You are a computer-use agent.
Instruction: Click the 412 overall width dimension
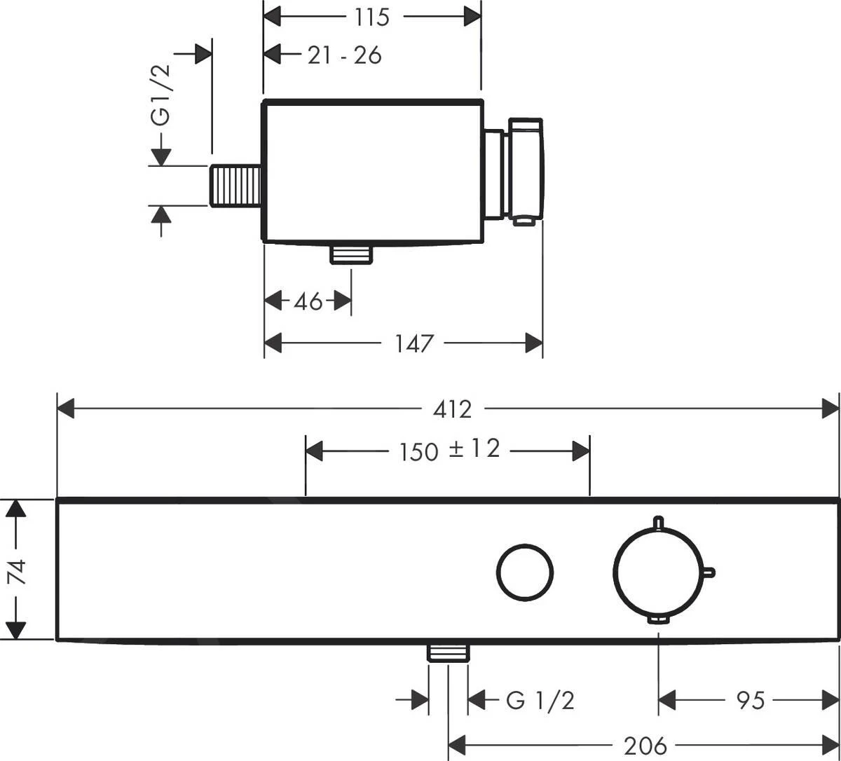pos(452,409)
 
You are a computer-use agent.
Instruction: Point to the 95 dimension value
pos(751,699)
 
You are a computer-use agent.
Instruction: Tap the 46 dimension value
pos(308,301)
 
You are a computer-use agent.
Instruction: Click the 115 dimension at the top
pos(371,17)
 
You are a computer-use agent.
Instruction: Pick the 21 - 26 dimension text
pos(345,55)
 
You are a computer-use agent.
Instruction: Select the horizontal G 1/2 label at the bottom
pos(540,700)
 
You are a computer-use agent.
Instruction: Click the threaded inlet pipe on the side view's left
pos(236,186)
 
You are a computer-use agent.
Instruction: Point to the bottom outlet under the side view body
pos(351,254)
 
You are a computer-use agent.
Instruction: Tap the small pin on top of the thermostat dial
pos(658,522)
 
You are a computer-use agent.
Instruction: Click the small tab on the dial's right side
pos(709,573)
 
